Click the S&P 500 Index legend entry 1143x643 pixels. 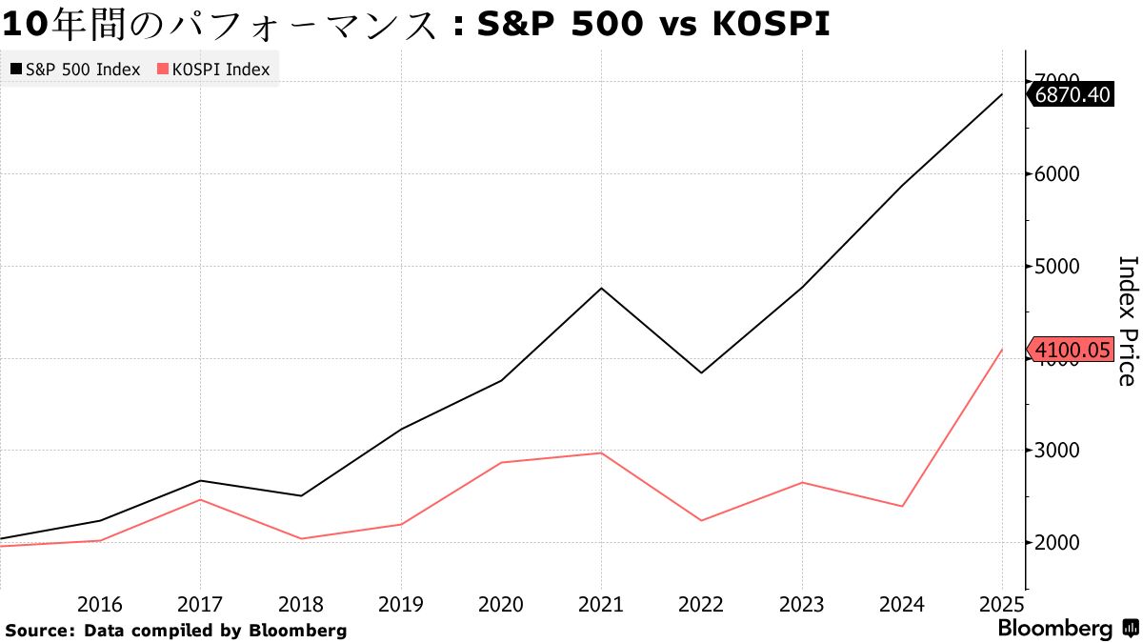(x=76, y=70)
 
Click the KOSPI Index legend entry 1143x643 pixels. (x=213, y=70)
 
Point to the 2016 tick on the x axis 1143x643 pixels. (x=100, y=605)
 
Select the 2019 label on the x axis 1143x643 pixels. (x=400, y=605)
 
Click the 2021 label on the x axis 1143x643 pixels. (x=600, y=605)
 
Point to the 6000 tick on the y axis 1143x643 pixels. (x=1055, y=174)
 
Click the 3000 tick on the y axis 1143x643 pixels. (x=1055, y=451)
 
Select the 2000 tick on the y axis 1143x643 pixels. (x=1055, y=542)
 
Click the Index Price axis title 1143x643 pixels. (x=1126, y=320)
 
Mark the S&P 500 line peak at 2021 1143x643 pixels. (x=602, y=288)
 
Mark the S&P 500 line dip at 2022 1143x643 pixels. (x=702, y=372)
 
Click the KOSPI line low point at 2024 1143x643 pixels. (x=902, y=506)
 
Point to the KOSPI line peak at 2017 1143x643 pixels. (x=201, y=499)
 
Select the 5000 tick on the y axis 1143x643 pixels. (x=1055, y=266)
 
